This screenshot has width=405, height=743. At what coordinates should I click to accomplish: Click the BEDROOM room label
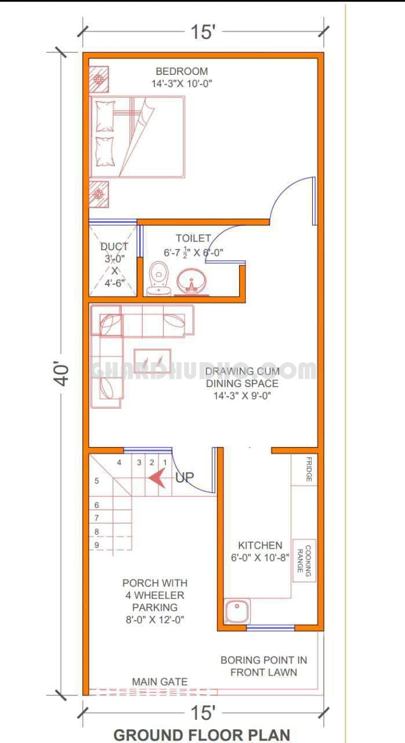pos(182,71)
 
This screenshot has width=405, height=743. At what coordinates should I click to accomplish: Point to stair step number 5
pos(97,481)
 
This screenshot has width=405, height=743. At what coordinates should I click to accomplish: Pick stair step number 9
pos(97,544)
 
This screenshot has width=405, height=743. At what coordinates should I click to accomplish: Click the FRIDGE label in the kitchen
pos(309,469)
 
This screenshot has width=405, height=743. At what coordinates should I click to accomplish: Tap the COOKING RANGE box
pos(304,560)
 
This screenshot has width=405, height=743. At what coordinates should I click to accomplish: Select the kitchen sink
pos(237,611)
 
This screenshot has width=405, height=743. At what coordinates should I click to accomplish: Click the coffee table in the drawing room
pos(153,362)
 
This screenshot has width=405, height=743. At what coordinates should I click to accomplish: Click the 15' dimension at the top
pos(203,32)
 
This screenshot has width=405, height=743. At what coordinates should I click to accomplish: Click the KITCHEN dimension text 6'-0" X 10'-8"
pos(260,558)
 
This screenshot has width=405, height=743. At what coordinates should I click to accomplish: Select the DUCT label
pos(114,247)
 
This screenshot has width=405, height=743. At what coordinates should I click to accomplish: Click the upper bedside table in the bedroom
pos(99,79)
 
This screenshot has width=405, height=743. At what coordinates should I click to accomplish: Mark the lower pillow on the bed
pos(104,152)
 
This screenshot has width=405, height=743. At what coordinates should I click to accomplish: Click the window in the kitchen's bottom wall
pos(270,627)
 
